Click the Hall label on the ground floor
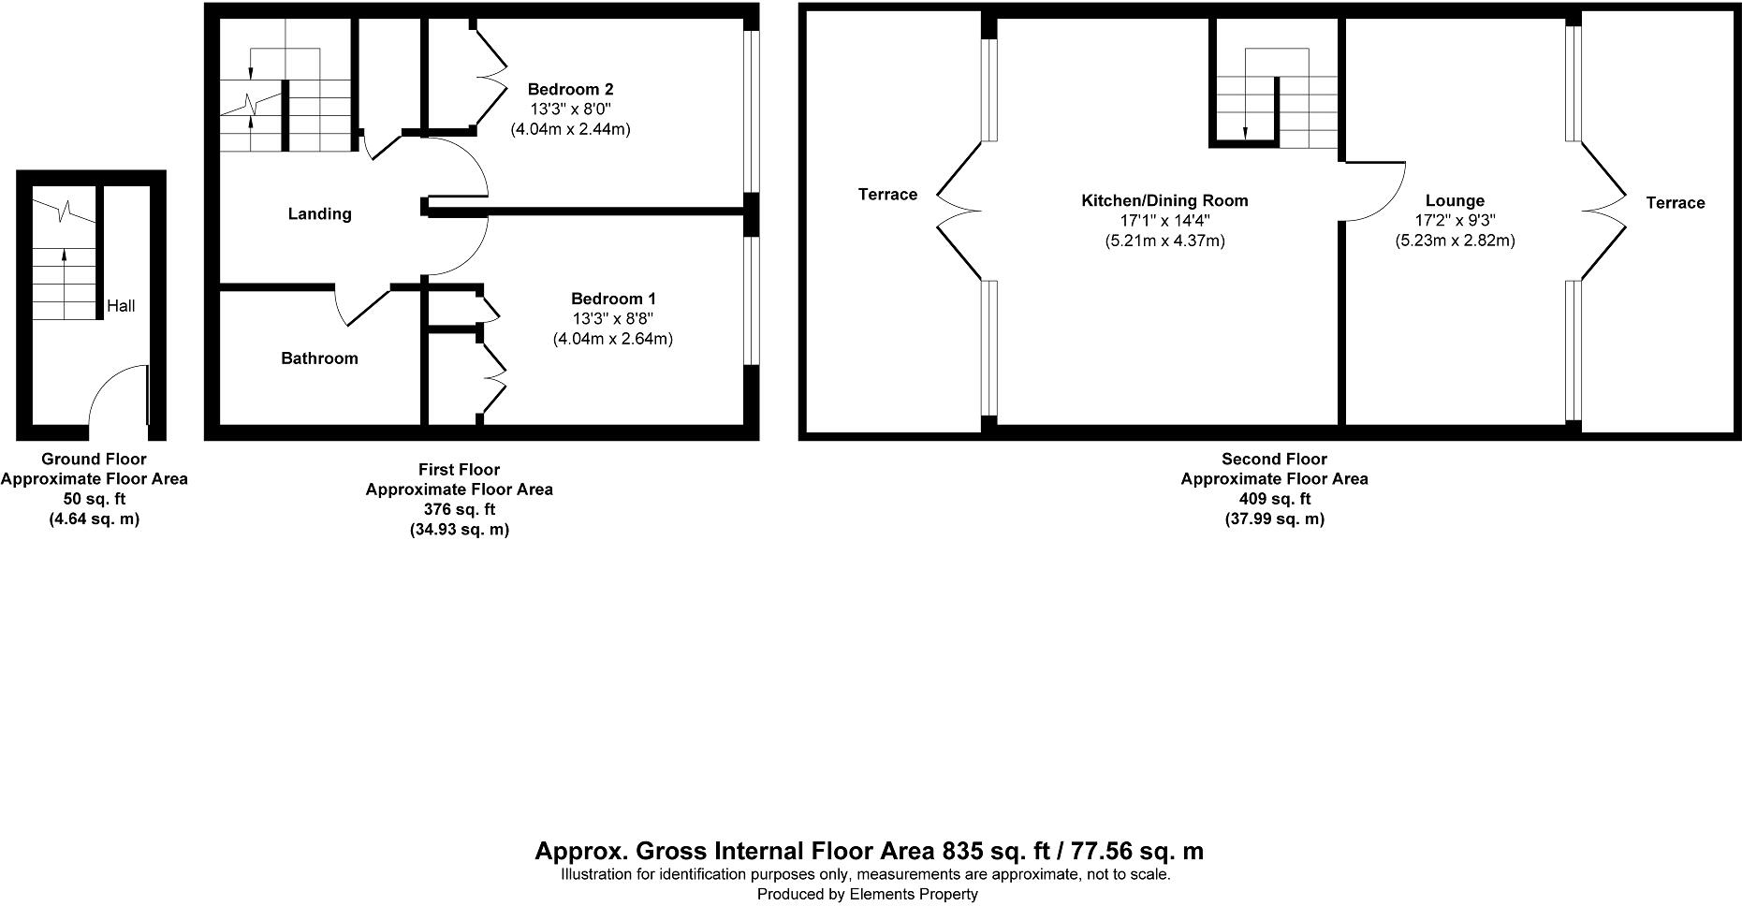point(121,305)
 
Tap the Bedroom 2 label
point(570,89)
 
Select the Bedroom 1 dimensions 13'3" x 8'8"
point(613,318)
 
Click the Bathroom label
point(319,358)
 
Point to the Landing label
point(319,214)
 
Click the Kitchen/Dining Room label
point(1164,200)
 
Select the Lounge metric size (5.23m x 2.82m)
point(1455,241)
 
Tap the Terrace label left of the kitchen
point(887,194)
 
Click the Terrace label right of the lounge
point(1675,202)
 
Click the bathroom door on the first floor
point(360,307)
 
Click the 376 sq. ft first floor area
point(459,509)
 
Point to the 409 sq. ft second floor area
point(1274,499)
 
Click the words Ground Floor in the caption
point(94,459)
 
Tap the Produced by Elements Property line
point(867,894)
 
